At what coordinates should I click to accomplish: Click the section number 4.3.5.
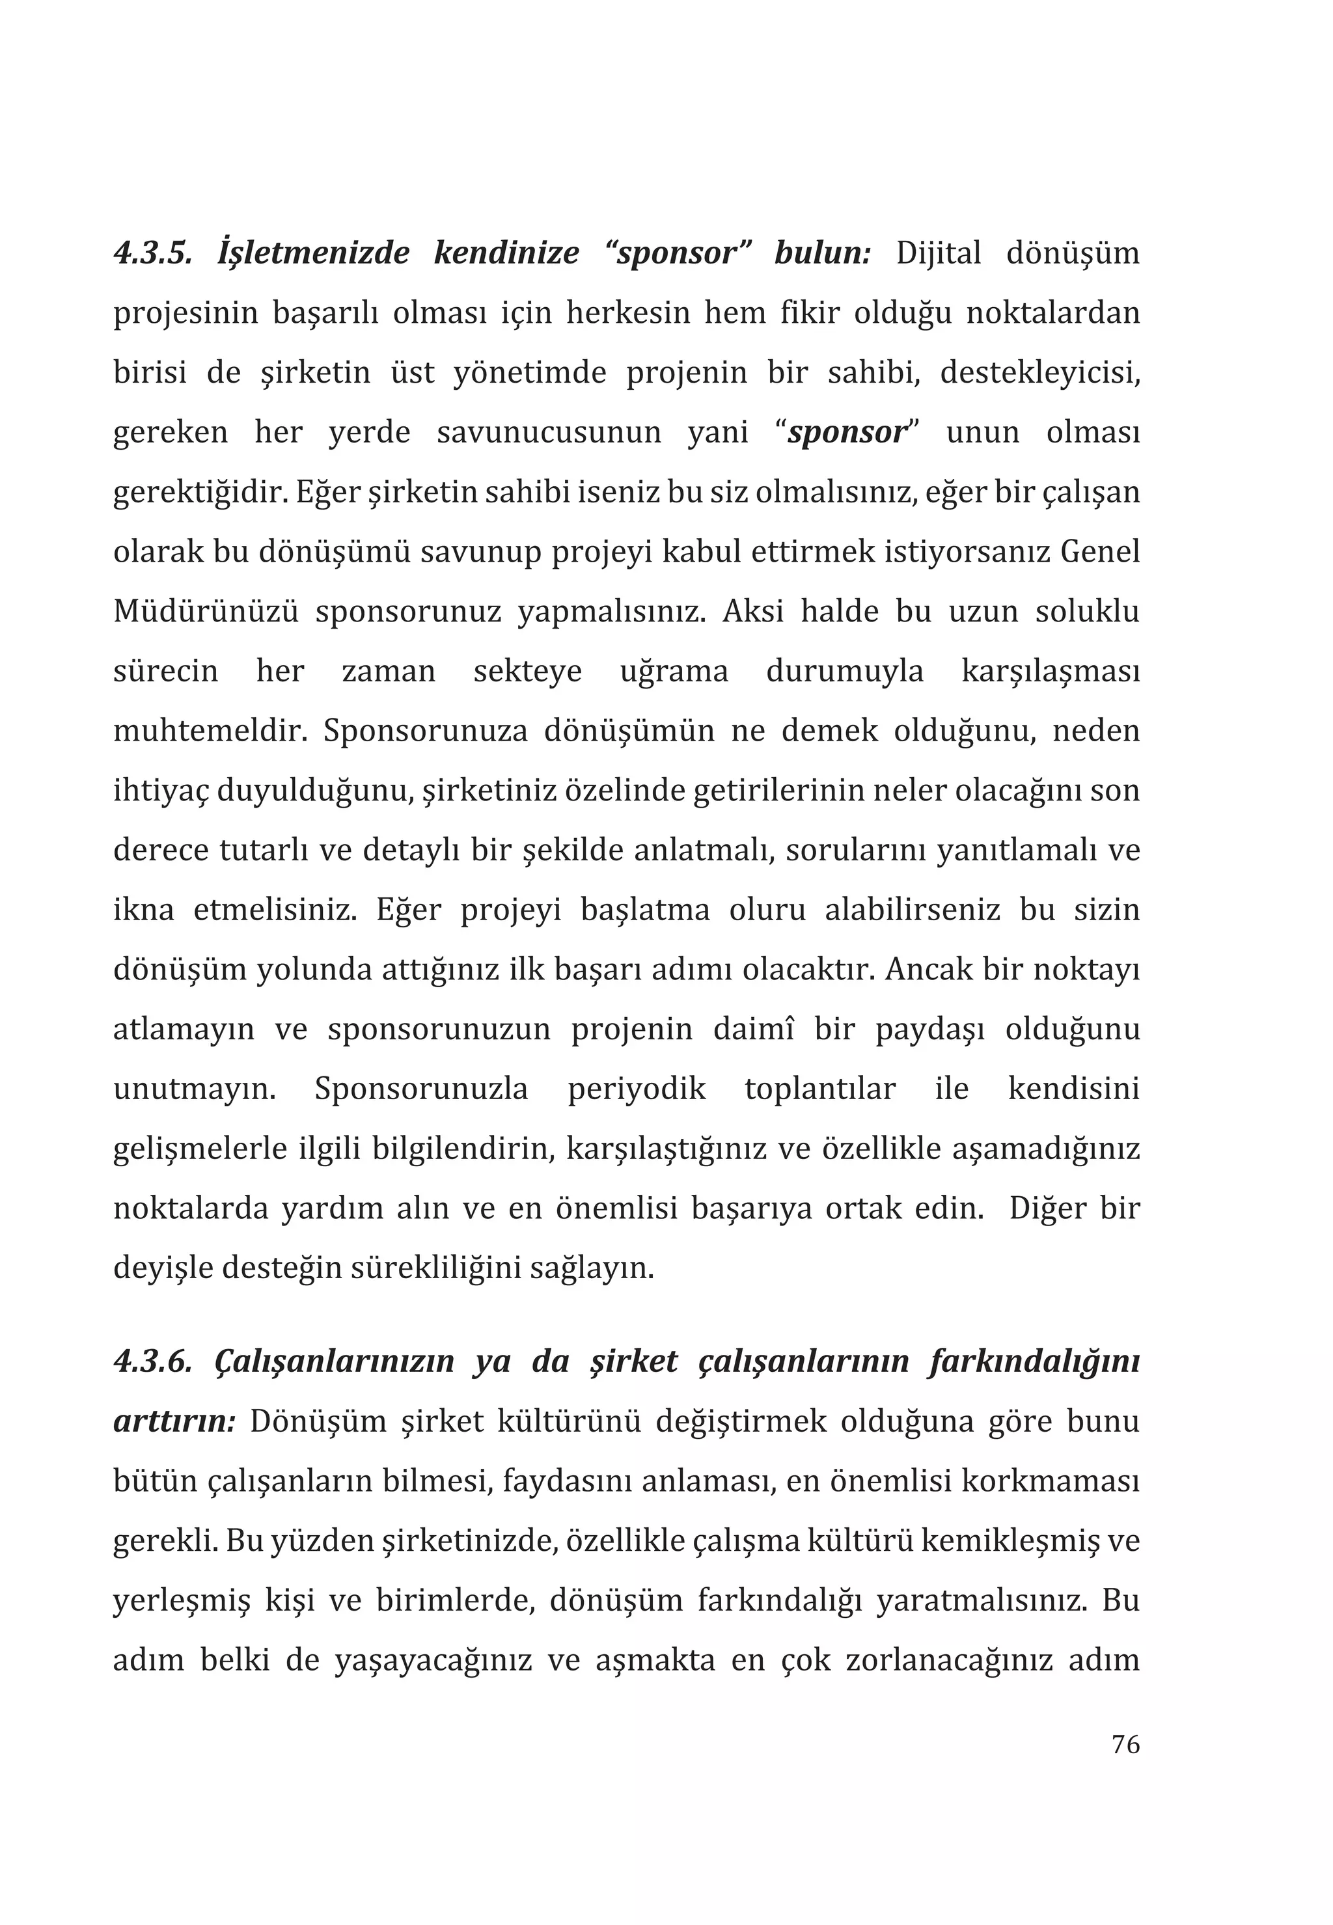(x=152, y=253)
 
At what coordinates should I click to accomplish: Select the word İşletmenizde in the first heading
(x=313, y=253)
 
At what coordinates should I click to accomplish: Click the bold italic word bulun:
(x=823, y=253)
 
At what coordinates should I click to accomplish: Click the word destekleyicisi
(x=1040, y=372)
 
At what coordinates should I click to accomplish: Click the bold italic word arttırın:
(x=174, y=1421)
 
